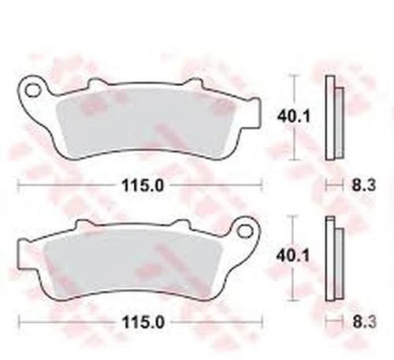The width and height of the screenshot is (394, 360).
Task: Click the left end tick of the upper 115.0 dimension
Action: (19, 187)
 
